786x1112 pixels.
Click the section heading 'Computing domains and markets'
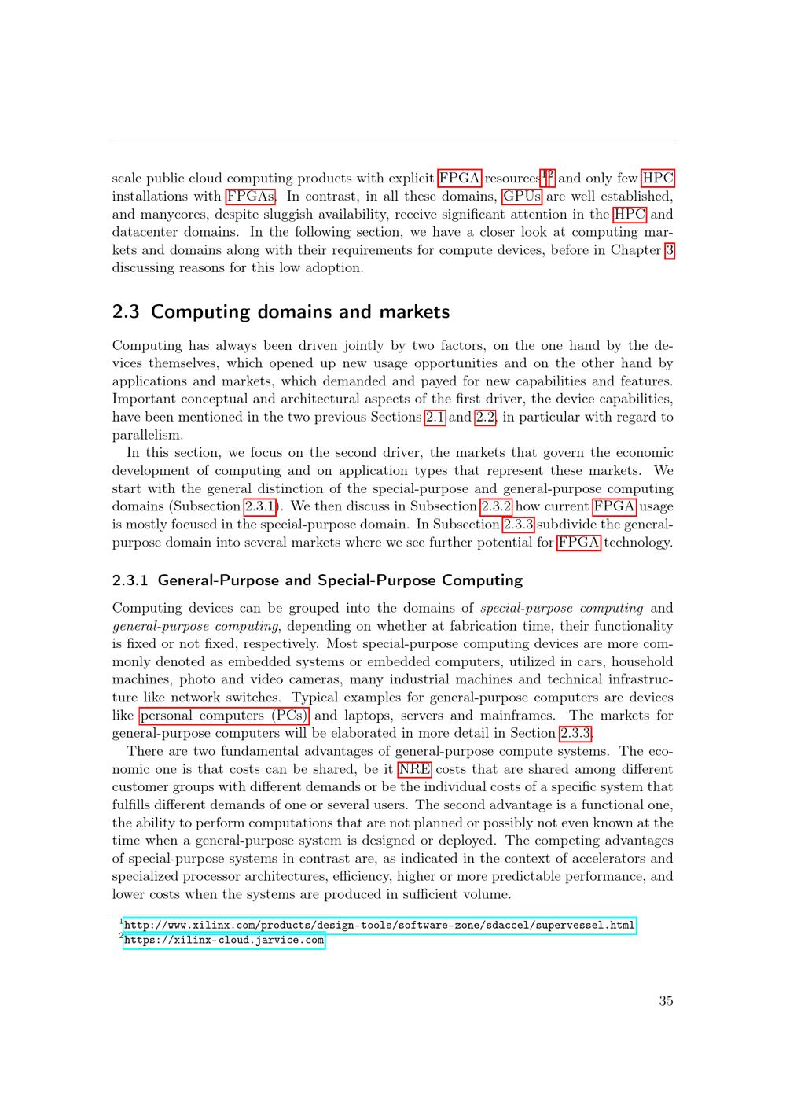pos(299,311)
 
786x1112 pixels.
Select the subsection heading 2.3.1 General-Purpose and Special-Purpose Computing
pos(317,580)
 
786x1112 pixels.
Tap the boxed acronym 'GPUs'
pos(522,197)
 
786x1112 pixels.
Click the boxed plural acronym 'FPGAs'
pos(250,197)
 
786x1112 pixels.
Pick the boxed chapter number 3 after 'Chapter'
pos(669,250)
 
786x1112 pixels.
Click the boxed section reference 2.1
pos(435,417)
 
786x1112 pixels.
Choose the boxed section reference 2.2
pos(486,417)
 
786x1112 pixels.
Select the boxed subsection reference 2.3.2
pos(496,506)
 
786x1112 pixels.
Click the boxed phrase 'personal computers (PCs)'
pos(224,716)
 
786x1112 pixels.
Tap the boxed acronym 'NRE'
pos(413,769)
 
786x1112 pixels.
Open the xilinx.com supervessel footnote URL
pos(379,925)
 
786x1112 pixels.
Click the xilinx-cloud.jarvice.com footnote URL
pos(224,940)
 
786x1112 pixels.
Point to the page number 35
pos(666,1001)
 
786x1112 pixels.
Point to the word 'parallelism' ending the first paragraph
pos(147,435)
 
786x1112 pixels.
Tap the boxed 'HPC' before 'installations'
pos(658,179)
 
